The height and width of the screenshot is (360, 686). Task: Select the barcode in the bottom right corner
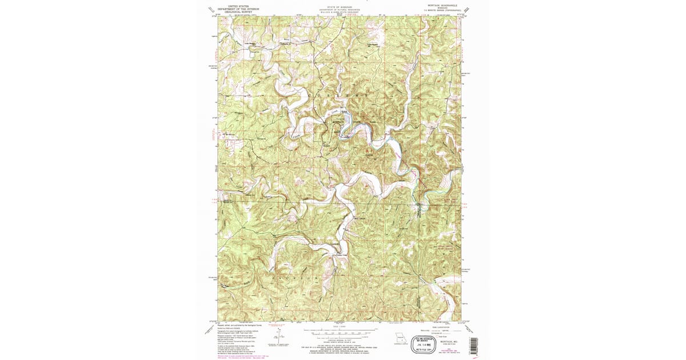(473, 344)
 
